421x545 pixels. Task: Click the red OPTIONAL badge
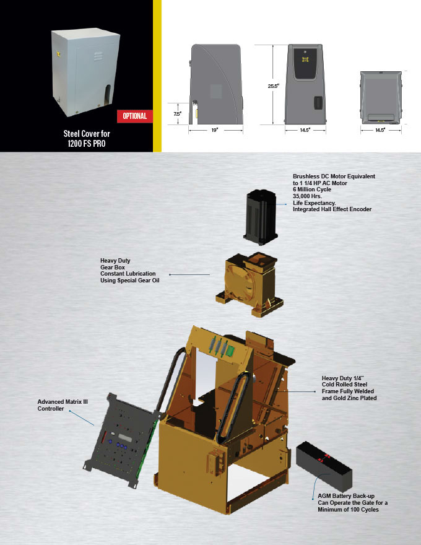(135, 116)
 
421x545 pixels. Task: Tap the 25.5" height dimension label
(273, 86)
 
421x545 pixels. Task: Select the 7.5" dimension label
(177, 114)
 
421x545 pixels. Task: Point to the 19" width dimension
(215, 130)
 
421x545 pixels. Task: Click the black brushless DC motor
(261, 217)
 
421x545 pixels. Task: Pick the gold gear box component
(250, 284)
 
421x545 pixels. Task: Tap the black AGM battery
(324, 465)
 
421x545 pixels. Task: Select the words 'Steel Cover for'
(87, 134)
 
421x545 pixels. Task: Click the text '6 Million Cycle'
(312, 190)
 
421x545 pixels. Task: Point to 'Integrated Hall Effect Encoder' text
(332, 209)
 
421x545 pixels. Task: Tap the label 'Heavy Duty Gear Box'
(115, 264)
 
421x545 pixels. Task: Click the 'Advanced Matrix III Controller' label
(63, 405)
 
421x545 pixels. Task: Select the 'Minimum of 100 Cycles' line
(348, 510)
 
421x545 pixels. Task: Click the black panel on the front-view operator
(305, 64)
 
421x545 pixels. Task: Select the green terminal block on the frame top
(229, 352)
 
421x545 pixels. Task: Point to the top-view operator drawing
(381, 97)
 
